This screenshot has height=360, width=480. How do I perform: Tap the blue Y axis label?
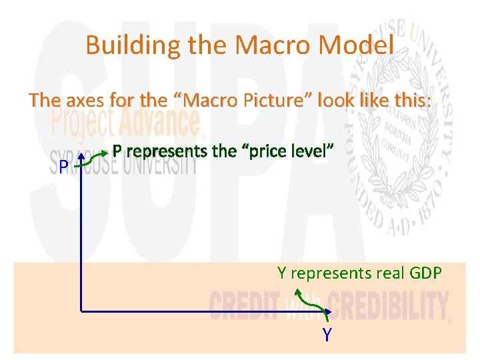327,335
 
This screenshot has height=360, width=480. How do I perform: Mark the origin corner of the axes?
81,311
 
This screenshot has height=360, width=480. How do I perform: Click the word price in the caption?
272,151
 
